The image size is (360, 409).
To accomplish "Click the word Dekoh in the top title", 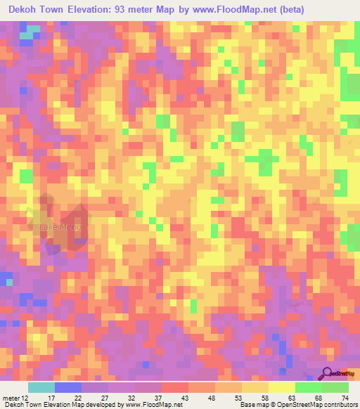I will tap(27, 10).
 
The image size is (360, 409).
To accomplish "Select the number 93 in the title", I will tap(160, 10).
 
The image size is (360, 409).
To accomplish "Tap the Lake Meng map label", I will tap(61, 227).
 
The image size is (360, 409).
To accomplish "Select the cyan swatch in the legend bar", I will tap(41, 387).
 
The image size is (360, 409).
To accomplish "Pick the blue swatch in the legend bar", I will tap(67, 387).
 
